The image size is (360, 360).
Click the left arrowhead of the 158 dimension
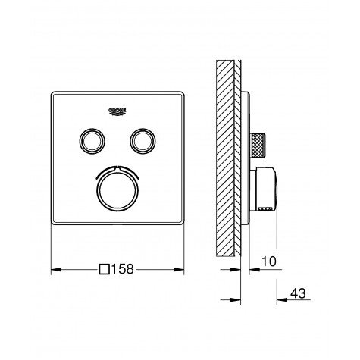(x=55, y=269)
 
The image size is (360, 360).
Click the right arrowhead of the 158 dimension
(x=182, y=269)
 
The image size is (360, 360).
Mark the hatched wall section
(x=225, y=152)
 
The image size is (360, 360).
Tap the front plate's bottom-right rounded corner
(x=181, y=221)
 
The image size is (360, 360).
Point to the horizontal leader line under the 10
(x=265, y=269)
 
